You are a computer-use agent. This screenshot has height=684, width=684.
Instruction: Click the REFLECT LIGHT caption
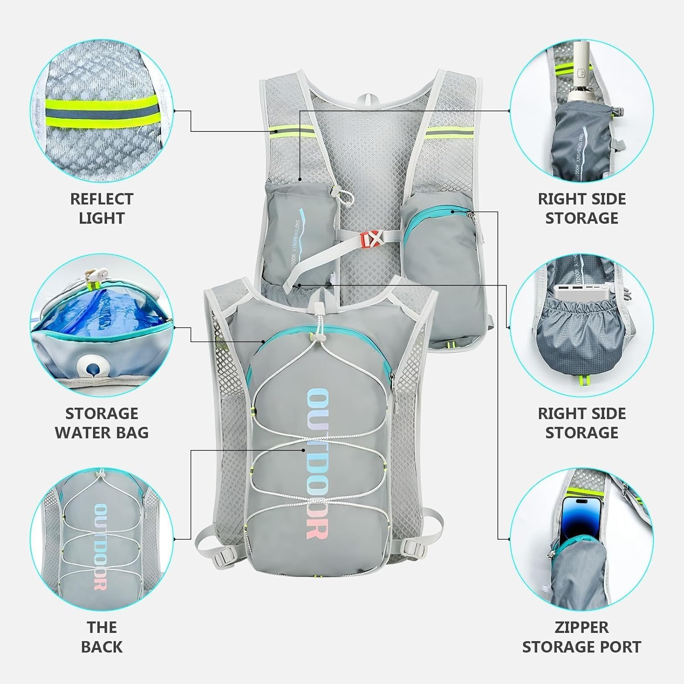(x=101, y=208)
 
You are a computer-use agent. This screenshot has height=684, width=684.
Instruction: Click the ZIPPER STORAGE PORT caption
(x=581, y=637)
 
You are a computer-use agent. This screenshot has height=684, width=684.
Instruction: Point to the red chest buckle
(x=370, y=238)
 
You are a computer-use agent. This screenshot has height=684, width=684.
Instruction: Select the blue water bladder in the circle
(x=105, y=315)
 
